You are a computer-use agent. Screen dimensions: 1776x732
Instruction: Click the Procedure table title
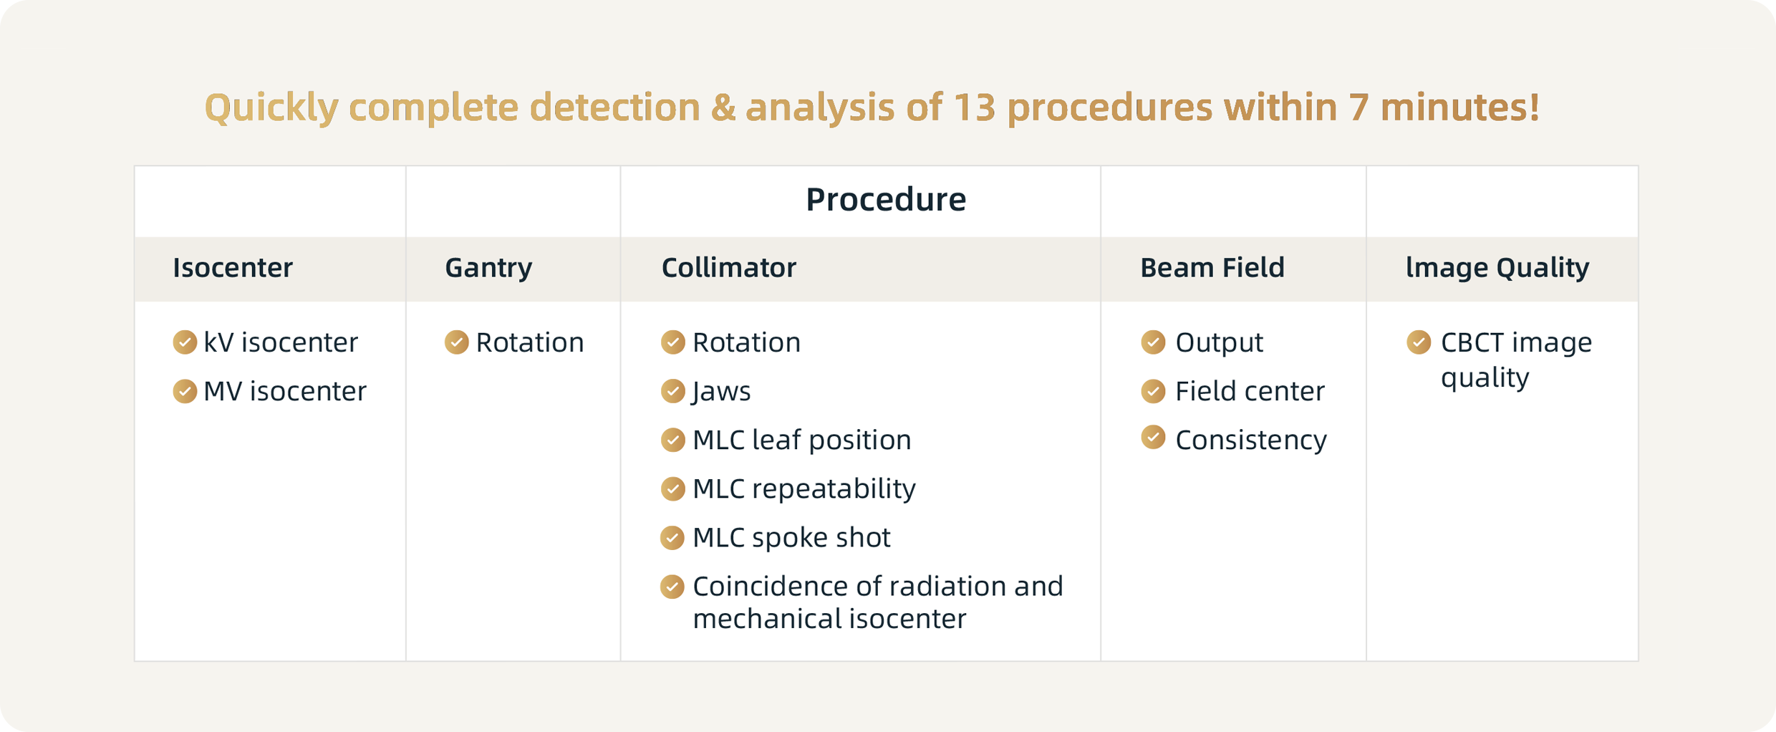(x=886, y=199)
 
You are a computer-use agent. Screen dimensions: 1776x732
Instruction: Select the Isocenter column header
(x=233, y=268)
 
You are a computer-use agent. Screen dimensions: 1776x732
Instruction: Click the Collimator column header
(x=728, y=268)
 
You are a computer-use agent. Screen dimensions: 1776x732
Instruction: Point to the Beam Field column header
(x=1212, y=268)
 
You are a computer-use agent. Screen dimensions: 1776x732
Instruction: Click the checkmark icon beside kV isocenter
(x=185, y=342)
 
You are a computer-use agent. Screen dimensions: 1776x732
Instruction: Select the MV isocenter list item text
(x=285, y=391)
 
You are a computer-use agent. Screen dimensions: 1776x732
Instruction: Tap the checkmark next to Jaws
(x=672, y=391)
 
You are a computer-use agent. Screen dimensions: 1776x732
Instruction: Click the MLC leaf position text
(x=802, y=440)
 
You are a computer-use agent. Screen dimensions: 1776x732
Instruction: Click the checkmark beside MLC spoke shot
(x=672, y=538)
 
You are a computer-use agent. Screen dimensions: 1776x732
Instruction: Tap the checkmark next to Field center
(x=1153, y=391)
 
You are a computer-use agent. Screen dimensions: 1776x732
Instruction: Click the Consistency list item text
(x=1251, y=440)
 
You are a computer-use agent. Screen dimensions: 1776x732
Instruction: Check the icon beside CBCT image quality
(x=1419, y=342)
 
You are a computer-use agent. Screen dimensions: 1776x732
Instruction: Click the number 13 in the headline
(x=975, y=107)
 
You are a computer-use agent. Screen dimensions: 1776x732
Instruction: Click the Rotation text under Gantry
(x=530, y=342)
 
